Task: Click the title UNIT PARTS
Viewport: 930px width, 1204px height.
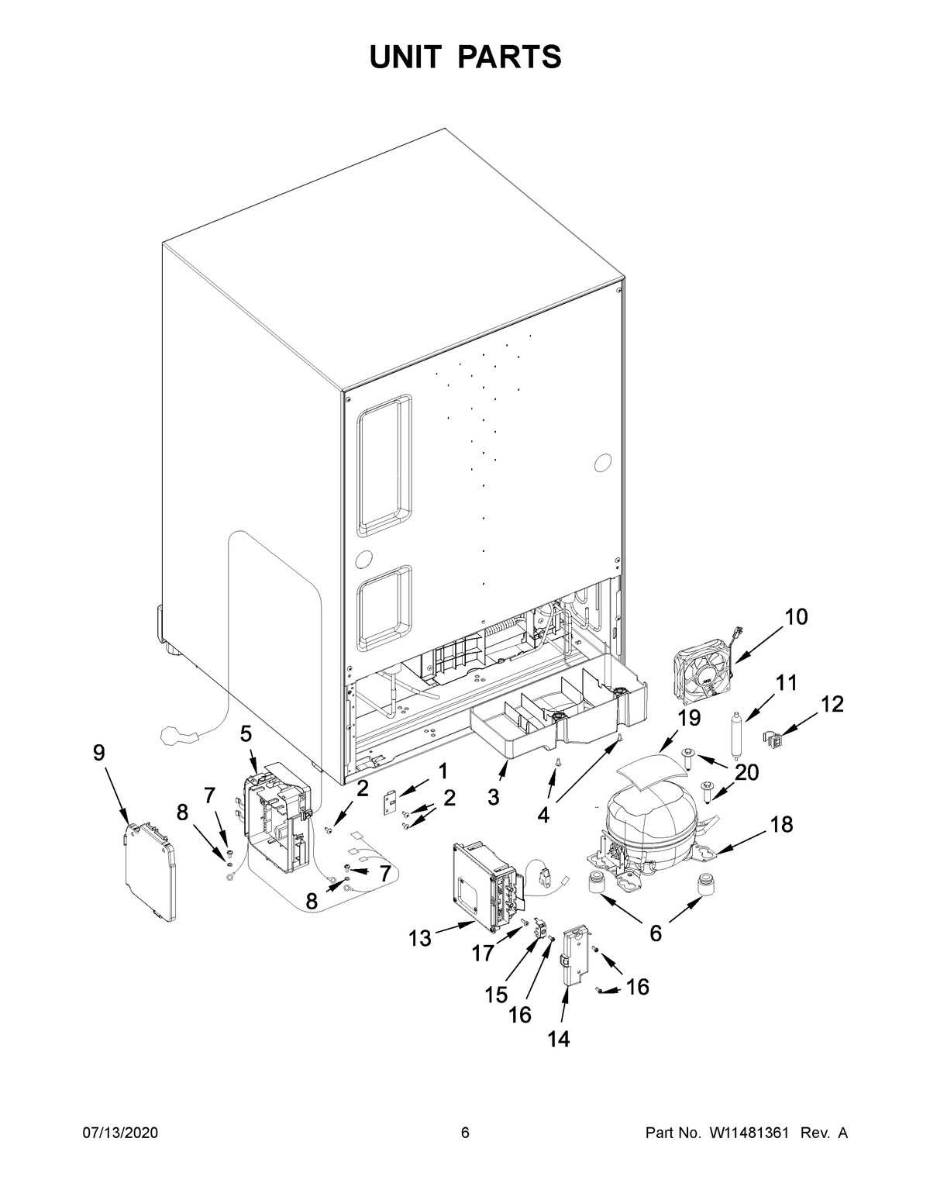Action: click(x=465, y=57)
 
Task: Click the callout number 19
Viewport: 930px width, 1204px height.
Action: click(x=688, y=719)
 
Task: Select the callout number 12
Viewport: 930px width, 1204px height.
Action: click(x=832, y=704)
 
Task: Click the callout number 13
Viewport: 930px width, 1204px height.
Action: click(x=419, y=939)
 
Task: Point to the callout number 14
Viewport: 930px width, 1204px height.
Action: click(x=558, y=1039)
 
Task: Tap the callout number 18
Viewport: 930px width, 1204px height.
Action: click(x=780, y=825)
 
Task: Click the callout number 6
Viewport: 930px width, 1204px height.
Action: click(x=656, y=933)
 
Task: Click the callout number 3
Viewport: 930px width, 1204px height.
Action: click(x=493, y=796)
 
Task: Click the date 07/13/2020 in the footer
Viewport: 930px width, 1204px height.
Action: click(x=120, y=1133)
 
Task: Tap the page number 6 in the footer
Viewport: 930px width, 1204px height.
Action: click(x=465, y=1133)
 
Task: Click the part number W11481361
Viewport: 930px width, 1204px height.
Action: click(x=747, y=1133)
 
